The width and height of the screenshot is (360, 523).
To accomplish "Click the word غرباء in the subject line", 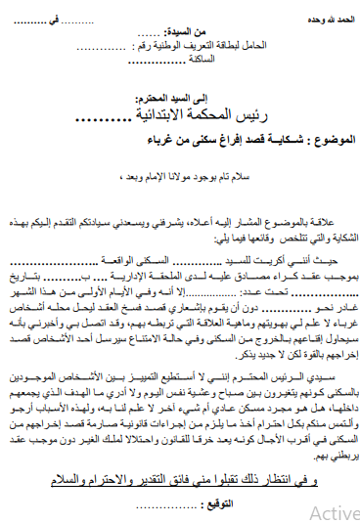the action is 156,140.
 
